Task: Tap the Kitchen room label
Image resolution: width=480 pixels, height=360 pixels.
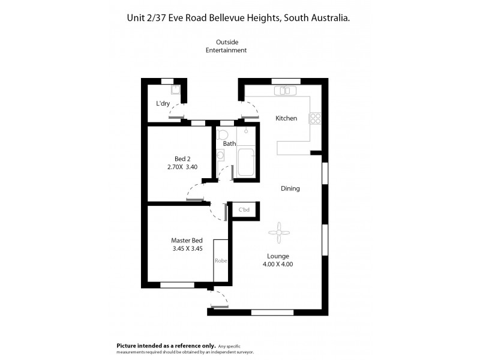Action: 286,118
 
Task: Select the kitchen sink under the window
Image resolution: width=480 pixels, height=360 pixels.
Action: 282,91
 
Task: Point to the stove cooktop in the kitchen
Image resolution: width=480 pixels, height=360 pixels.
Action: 315,118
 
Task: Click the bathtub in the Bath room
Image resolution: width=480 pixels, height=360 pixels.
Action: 245,162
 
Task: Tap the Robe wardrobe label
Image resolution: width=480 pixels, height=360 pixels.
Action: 220,262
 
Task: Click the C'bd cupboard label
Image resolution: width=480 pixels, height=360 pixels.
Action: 244,210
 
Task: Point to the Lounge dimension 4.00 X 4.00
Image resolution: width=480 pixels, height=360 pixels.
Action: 278,264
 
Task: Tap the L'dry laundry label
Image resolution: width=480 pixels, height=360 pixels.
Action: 163,103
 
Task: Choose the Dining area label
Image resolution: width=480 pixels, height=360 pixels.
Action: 290,188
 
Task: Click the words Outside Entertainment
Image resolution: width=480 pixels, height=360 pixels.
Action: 226,46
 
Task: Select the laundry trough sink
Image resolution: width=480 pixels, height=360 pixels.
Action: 174,91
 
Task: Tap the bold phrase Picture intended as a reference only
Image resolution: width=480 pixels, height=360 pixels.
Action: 165,346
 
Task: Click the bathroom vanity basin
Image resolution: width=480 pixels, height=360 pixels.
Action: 221,155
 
